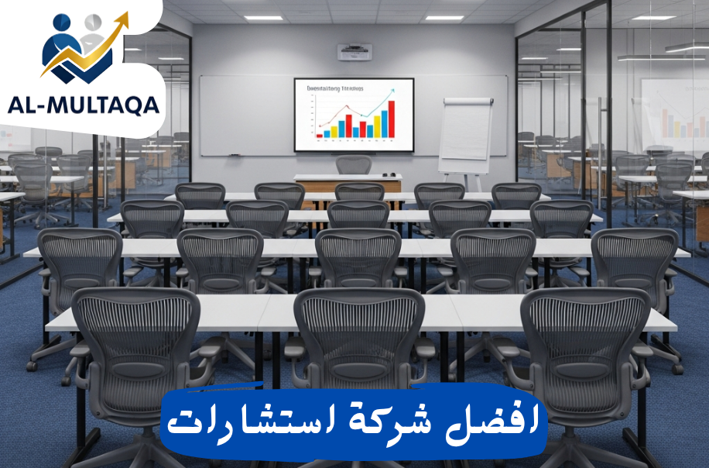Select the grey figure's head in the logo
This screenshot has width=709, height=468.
click(92, 23)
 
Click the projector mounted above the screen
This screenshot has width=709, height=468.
click(354, 52)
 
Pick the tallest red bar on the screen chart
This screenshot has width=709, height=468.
click(391, 118)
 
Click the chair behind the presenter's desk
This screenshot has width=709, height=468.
click(354, 165)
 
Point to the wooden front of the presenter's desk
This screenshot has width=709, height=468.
click(348, 186)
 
